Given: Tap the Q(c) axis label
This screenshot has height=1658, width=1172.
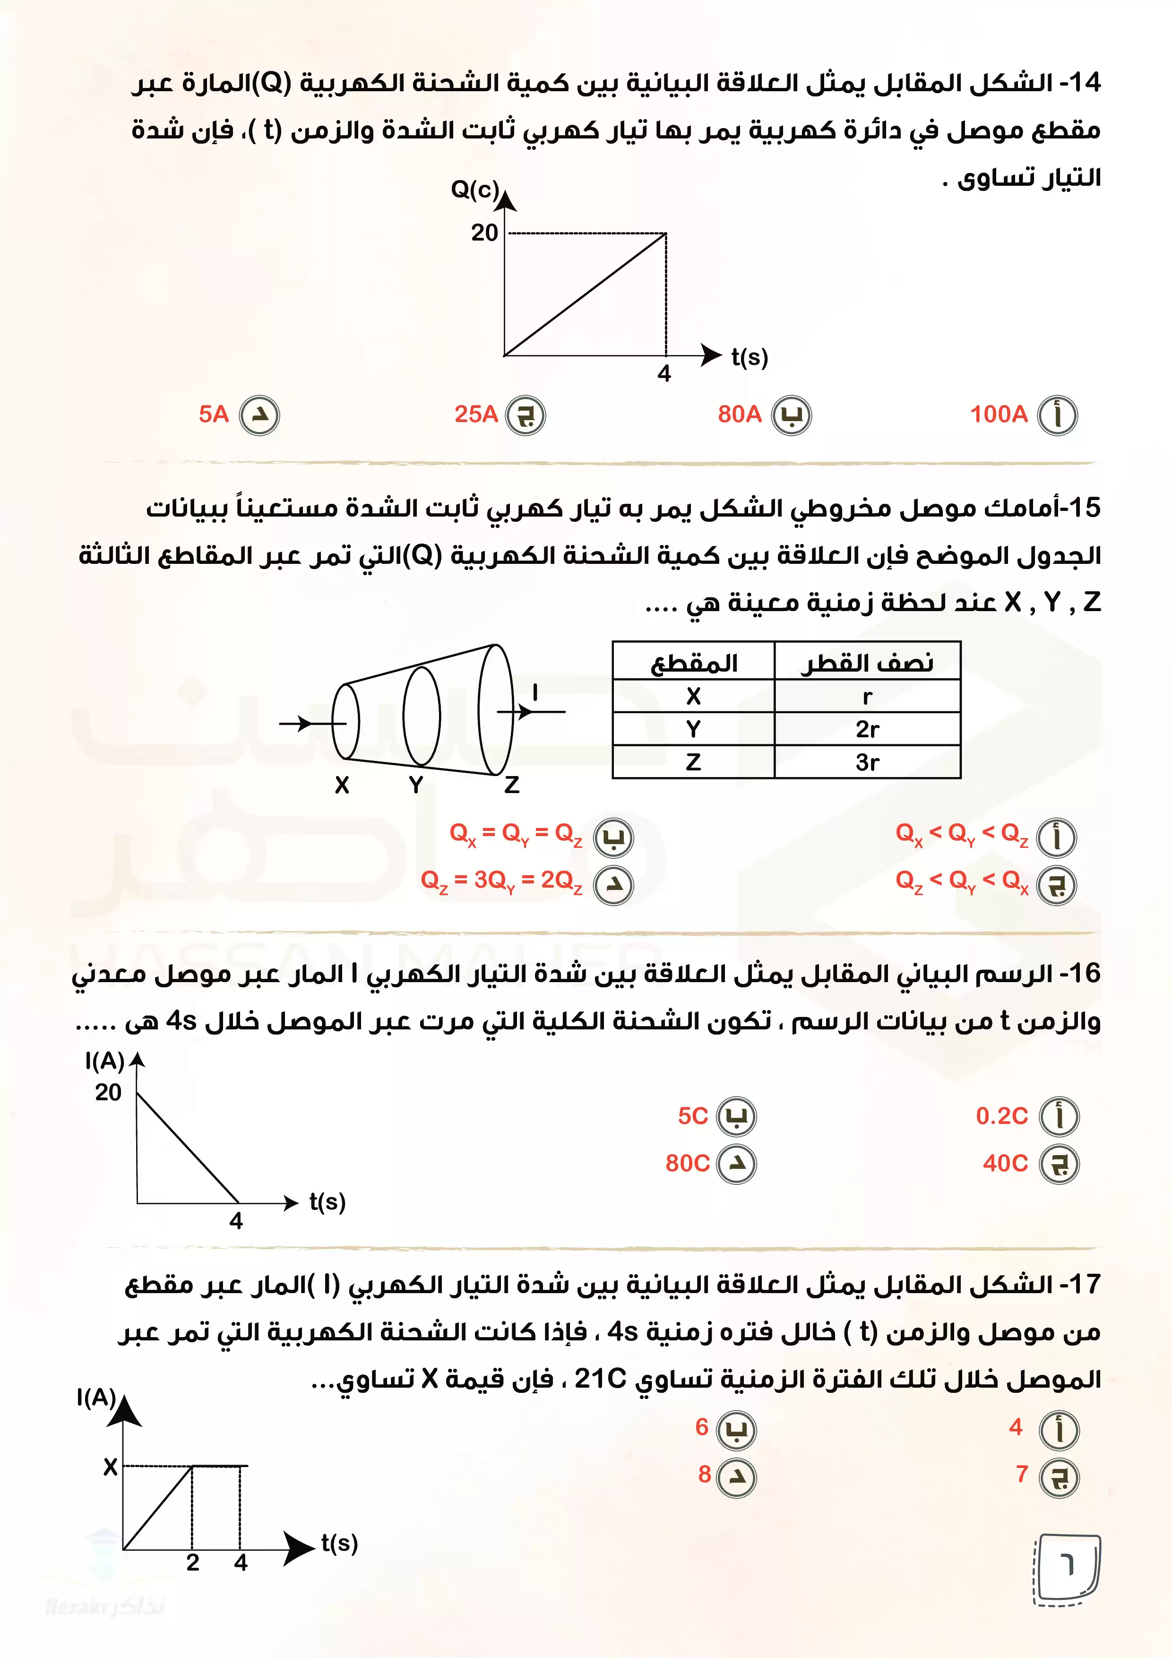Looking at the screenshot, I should [474, 190].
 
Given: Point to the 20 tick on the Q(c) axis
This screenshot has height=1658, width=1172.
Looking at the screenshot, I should [484, 233].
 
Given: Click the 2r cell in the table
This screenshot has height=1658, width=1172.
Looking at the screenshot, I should [867, 729].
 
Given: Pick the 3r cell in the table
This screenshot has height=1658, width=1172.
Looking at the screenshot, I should [867, 762].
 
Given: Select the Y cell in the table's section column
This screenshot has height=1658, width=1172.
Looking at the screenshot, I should [693, 729].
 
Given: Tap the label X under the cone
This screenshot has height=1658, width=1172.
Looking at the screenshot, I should [342, 785].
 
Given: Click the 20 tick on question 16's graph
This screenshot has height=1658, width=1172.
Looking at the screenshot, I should [108, 1092].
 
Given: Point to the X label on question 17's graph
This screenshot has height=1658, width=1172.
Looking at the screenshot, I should [110, 1467].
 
